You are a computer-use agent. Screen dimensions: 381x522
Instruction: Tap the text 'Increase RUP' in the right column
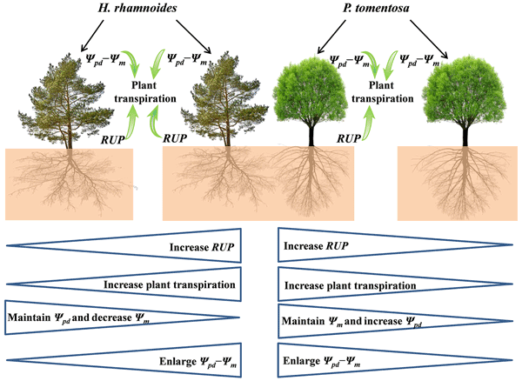[314, 246]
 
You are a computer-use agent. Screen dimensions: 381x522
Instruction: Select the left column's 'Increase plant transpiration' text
[170, 284]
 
